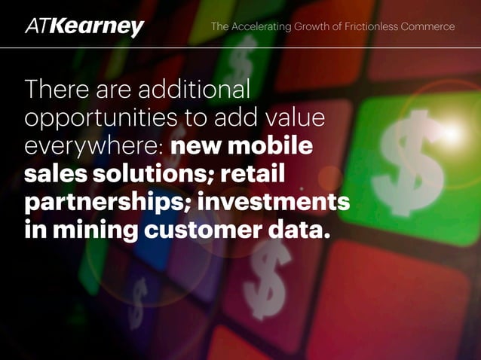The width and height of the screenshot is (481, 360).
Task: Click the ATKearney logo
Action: click(84, 27)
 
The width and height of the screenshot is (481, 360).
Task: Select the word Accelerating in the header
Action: click(262, 27)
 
